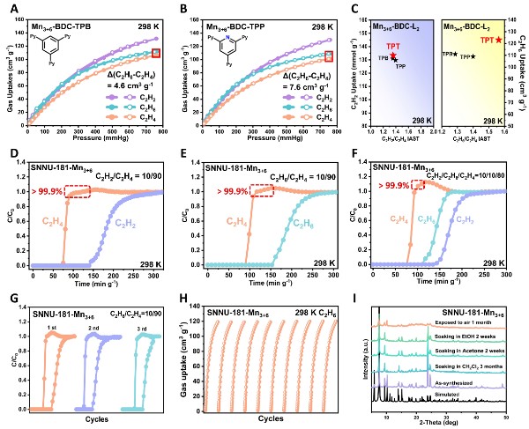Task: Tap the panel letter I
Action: (362, 287)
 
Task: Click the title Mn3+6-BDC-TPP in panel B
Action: (228, 16)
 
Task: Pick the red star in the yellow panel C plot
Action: (498, 40)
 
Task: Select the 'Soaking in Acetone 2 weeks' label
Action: (470, 343)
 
